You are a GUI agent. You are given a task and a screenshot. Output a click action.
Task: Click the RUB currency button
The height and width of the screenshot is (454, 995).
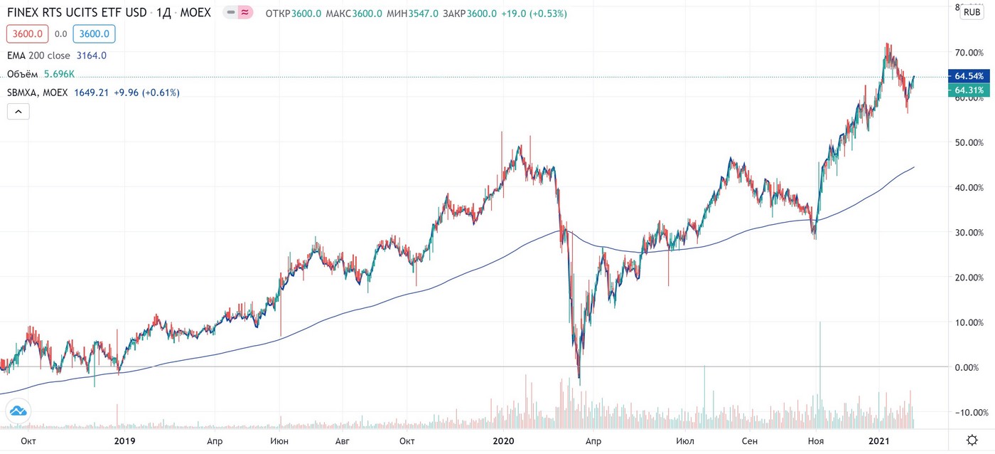(x=972, y=12)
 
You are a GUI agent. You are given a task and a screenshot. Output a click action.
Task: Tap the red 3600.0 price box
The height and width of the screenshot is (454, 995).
(x=28, y=33)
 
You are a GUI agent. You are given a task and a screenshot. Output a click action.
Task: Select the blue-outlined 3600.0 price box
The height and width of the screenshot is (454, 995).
(x=94, y=33)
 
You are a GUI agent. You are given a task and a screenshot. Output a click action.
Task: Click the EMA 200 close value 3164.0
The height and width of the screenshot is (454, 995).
(x=92, y=56)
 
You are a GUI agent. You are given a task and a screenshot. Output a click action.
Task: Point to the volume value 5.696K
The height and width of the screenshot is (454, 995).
(x=59, y=74)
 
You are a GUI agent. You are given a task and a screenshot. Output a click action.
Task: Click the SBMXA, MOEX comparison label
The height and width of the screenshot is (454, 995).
(x=37, y=93)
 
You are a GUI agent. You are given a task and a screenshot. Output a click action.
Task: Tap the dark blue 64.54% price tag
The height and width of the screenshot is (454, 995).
(x=969, y=76)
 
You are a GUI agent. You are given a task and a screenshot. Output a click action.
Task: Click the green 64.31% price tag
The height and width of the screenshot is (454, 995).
(x=969, y=90)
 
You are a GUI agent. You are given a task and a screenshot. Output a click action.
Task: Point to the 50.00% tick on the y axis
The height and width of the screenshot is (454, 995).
(x=969, y=143)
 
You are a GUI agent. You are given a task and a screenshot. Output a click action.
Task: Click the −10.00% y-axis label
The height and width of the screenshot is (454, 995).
(x=969, y=412)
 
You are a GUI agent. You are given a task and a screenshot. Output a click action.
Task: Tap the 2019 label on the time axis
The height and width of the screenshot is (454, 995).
(x=124, y=440)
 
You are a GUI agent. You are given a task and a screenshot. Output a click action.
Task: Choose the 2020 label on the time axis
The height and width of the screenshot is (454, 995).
(x=503, y=440)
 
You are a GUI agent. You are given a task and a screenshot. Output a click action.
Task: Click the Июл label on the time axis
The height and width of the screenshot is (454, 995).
(x=685, y=440)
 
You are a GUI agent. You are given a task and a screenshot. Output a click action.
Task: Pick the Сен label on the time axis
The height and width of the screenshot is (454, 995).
(x=749, y=440)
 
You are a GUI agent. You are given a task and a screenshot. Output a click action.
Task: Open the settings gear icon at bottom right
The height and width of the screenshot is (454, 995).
(x=972, y=440)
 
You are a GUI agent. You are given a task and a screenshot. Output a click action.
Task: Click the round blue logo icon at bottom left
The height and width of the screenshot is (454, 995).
(x=18, y=411)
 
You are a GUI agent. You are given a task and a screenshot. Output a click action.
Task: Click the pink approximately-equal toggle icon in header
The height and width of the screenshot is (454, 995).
(x=244, y=12)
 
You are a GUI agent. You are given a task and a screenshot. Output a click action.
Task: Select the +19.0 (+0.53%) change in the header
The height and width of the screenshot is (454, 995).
(x=534, y=14)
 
